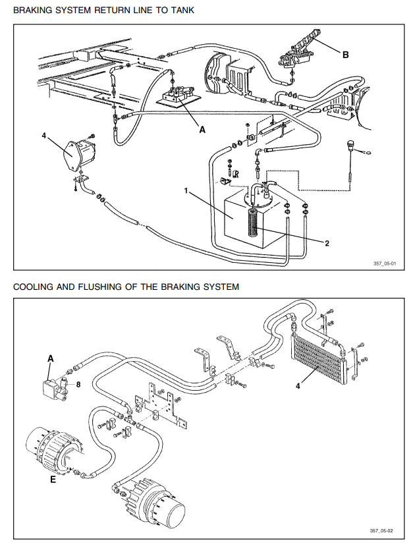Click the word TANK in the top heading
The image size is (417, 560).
point(181,11)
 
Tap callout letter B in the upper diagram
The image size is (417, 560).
point(345,55)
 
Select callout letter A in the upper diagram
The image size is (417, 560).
point(203,130)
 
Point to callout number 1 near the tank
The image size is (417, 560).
point(187,191)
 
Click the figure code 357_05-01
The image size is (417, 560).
point(385,264)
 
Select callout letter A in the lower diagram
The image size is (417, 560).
point(50,358)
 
